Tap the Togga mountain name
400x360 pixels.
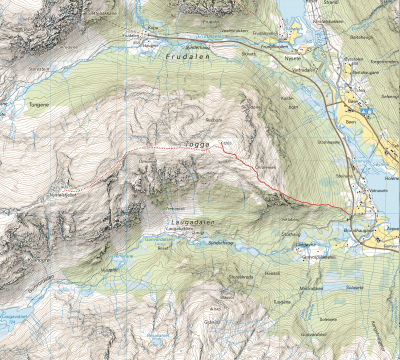click(x=198, y=144)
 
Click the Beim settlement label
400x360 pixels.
click(x=349, y=117)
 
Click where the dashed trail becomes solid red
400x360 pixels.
click(x=222, y=150)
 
